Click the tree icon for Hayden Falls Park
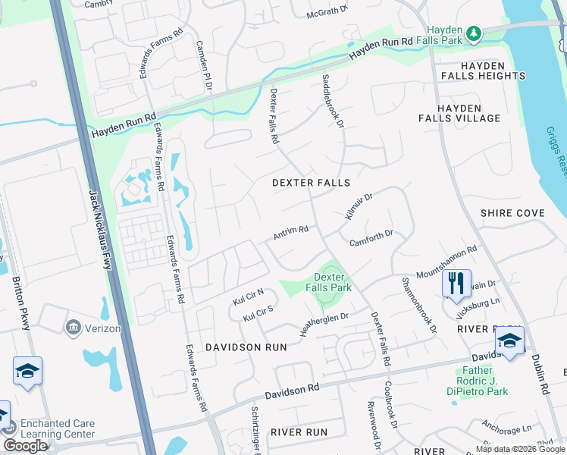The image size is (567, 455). tap(474, 33)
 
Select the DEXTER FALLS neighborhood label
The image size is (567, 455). tap(312, 183)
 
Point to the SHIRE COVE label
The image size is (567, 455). tap(512, 213)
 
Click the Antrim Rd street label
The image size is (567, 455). tap(290, 232)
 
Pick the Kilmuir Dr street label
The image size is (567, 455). tap(359, 206)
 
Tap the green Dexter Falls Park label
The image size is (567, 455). tap(328, 282)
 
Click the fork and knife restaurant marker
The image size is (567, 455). tap(456, 284)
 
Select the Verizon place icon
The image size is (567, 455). tap(74, 328)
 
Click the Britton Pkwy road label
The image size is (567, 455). tap(21, 303)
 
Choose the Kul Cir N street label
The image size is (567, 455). tap(248, 297)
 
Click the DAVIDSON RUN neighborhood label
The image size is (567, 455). tap(254, 347)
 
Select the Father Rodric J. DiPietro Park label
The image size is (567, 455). tap(484, 381)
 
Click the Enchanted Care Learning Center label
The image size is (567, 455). tap(58, 428)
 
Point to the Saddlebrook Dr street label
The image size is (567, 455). tap(334, 99)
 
